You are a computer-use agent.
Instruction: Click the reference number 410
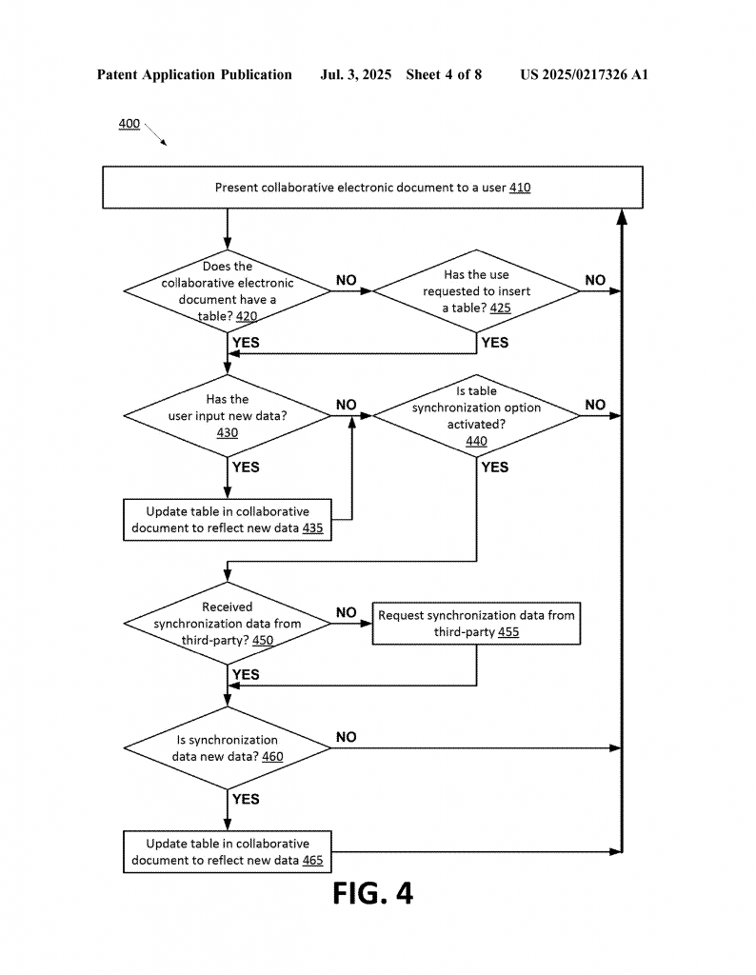pos(520,188)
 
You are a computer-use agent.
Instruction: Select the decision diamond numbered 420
pos(228,291)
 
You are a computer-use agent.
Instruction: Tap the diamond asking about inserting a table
pos(476,291)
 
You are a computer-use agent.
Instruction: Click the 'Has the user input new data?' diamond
pos(228,415)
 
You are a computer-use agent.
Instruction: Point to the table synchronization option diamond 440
pos(476,415)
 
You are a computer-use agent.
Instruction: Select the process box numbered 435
pos(228,520)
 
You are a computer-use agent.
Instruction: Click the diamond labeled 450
pos(228,623)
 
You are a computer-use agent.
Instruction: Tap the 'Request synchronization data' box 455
pos(476,623)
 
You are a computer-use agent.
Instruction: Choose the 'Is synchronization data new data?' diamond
pos(228,748)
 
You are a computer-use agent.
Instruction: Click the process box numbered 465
pos(228,852)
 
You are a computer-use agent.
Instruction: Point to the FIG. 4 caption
pos(372,893)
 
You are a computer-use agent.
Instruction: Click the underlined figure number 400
pos(129,124)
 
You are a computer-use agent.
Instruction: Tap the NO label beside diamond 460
pos(347,737)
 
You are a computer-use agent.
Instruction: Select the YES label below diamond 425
pos(495,343)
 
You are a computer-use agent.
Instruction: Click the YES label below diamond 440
pos(495,467)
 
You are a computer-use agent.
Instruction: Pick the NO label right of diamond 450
pos(347,612)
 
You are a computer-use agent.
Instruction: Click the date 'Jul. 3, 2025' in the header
pos(355,74)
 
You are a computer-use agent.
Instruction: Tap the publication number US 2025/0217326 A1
pos(584,74)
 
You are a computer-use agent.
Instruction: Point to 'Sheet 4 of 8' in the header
pos(444,74)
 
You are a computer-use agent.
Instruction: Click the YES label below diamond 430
pos(246,467)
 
